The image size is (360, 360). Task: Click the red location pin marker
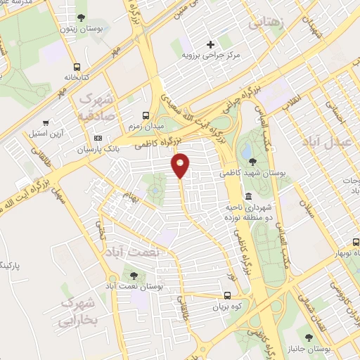(x=181, y=164)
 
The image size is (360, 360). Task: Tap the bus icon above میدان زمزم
(x=146, y=115)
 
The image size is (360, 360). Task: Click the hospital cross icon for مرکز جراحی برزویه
(x=210, y=44)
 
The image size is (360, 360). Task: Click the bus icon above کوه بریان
(x=226, y=296)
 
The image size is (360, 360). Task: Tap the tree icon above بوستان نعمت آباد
(x=134, y=275)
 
